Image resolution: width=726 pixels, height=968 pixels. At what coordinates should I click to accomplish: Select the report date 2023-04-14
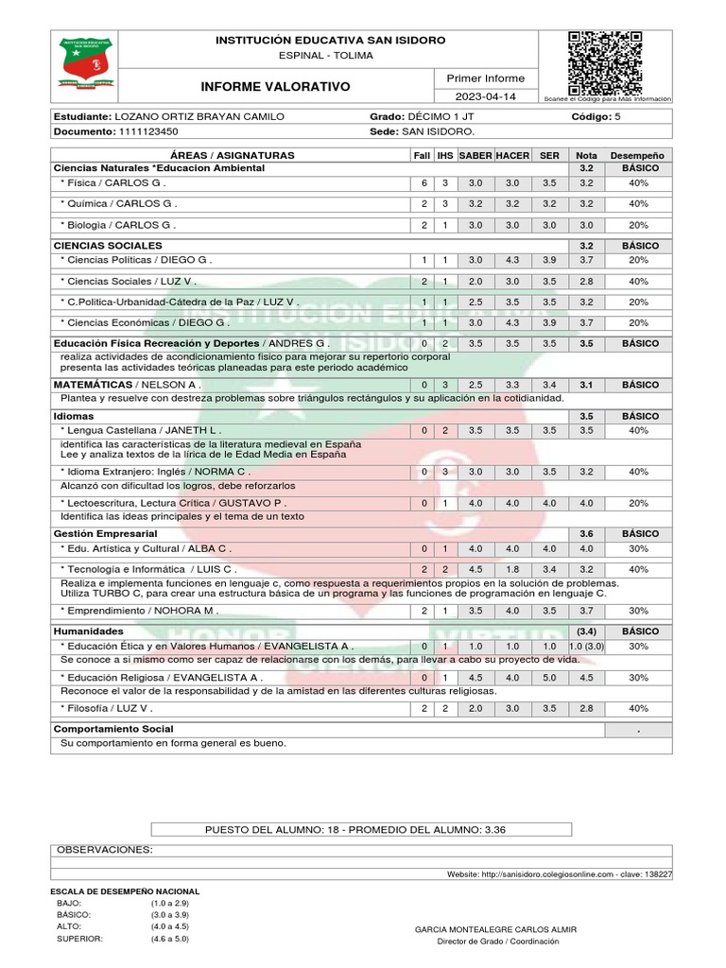(485, 96)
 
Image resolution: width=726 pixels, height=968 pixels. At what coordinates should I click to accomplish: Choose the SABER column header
(475, 155)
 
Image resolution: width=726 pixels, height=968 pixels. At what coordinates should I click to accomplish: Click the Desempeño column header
(637, 155)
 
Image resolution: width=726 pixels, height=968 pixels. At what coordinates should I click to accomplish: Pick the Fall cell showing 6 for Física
(424, 183)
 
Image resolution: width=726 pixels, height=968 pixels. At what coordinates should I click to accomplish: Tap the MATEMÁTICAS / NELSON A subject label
(127, 386)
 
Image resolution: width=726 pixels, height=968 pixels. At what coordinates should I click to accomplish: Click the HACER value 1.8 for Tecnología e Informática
(512, 570)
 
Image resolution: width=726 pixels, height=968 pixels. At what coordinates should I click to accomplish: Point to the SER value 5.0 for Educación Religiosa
(549, 678)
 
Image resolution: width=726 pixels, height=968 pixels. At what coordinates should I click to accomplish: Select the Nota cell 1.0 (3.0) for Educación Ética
(586, 647)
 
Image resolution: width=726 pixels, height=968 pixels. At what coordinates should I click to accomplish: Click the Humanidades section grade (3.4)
(586, 631)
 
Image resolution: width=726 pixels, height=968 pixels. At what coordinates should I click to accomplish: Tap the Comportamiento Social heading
(113, 729)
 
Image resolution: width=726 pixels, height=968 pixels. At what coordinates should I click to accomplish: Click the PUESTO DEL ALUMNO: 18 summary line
(355, 829)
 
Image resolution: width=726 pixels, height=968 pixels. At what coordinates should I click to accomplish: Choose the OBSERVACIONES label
(104, 850)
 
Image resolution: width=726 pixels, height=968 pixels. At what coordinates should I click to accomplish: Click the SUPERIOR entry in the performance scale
(79, 939)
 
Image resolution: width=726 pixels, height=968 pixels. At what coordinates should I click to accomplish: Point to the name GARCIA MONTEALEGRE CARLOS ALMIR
(495, 929)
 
